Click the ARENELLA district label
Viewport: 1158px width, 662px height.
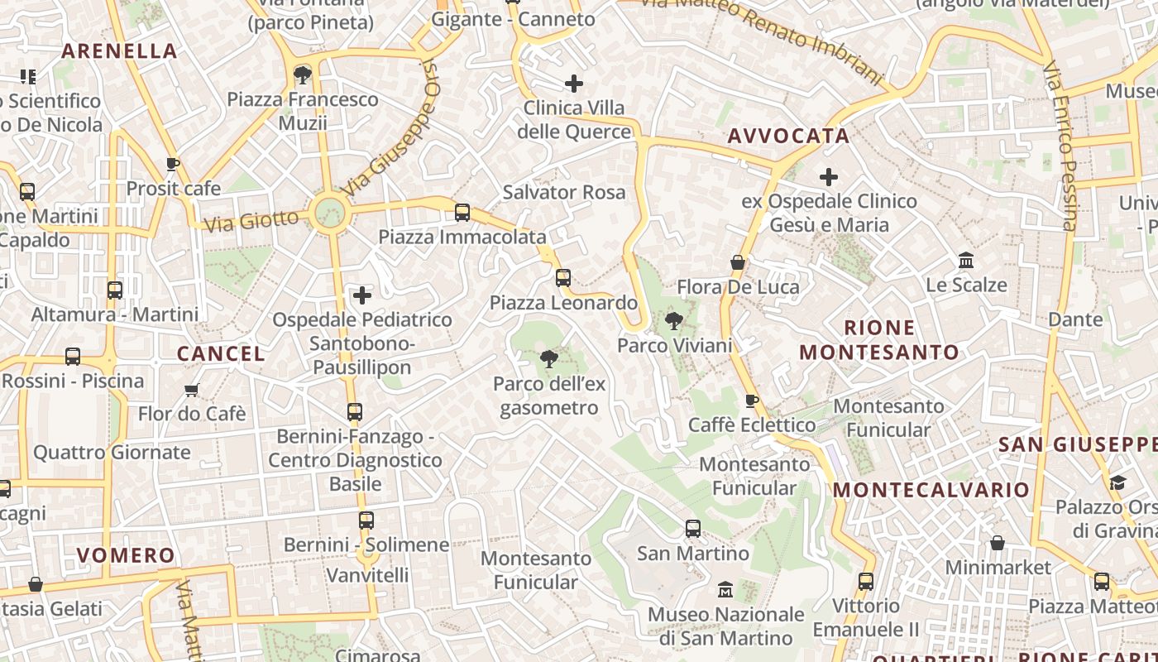[119, 51]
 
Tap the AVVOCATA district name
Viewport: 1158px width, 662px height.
[788, 137]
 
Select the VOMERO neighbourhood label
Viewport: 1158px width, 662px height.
[126, 555]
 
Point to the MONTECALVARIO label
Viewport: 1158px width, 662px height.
[931, 490]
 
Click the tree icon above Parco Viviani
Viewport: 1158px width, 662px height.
[674, 321]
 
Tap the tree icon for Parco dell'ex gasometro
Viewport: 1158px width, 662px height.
[548, 359]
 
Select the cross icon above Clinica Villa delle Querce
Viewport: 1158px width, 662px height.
[574, 84]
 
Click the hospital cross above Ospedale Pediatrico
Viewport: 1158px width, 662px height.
[362, 295]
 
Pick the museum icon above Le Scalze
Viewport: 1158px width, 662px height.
[965, 261]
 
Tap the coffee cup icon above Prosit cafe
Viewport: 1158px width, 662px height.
[173, 165]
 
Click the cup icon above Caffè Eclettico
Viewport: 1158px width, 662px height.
[751, 401]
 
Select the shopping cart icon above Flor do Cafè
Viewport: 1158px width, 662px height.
[192, 390]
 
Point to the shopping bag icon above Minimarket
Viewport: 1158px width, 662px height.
[998, 544]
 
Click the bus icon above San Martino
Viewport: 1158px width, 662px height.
[693, 529]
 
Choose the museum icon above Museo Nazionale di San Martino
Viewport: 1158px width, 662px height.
[725, 590]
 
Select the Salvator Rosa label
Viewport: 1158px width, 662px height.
[564, 193]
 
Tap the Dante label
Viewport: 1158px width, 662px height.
[1075, 319]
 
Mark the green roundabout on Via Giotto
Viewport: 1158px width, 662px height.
[329, 213]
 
